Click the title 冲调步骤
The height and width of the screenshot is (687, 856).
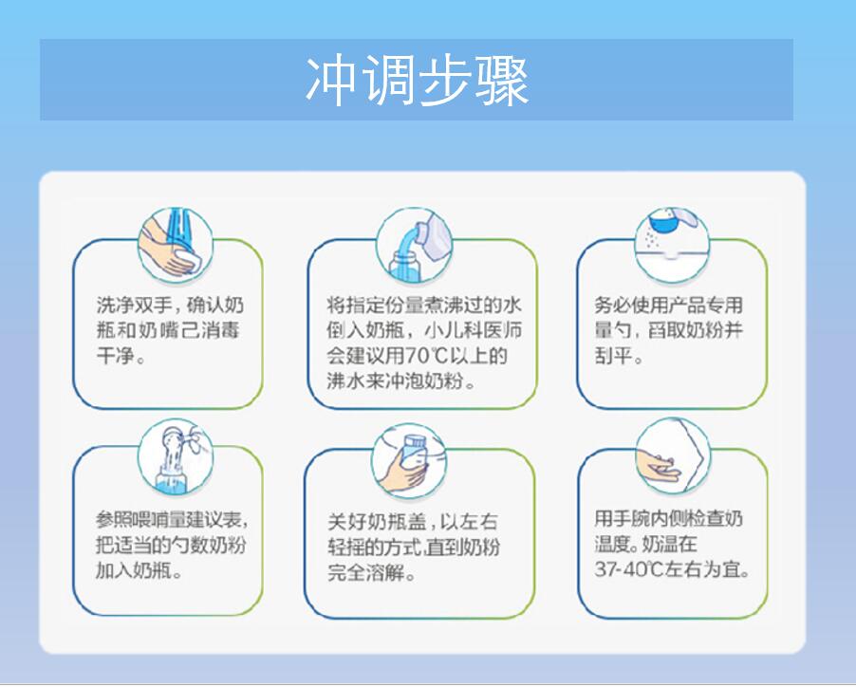(417, 81)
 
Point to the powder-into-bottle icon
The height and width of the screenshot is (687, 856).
(174, 456)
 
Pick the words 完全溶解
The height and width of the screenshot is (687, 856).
(363, 572)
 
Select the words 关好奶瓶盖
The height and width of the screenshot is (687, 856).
(372, 522)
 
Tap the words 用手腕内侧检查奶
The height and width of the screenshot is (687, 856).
(668, 520)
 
